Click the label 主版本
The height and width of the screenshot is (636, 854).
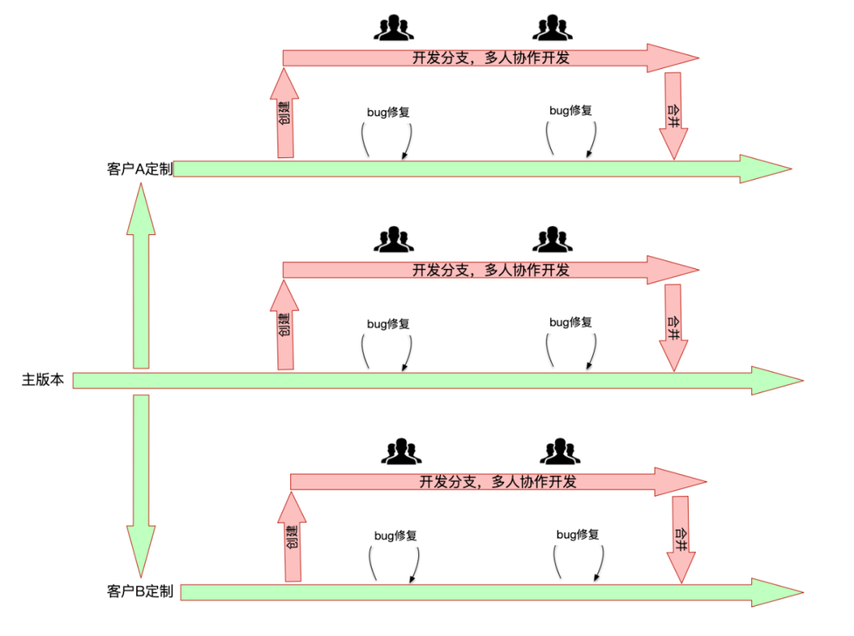pos(42,380)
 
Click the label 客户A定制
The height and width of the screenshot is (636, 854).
pos(139,168)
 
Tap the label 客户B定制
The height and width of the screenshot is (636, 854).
pos(139,592)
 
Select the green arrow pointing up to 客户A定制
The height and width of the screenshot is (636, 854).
pos(142,277)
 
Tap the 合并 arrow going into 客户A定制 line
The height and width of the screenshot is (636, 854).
pos(674,115)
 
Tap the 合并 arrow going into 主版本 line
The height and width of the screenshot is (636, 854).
pos(674,327)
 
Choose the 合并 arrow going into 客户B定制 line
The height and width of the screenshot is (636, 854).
pos(680,539)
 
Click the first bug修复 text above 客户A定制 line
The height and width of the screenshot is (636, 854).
pos(388,112)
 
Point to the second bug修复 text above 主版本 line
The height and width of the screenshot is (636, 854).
pos(571,322)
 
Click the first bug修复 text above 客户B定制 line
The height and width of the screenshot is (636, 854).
pos(395,536)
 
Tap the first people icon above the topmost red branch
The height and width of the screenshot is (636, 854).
pos(393,28)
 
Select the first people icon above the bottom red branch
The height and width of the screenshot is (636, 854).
pos(401,451)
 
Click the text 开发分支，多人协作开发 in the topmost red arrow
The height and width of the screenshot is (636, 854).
pos(490,58)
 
